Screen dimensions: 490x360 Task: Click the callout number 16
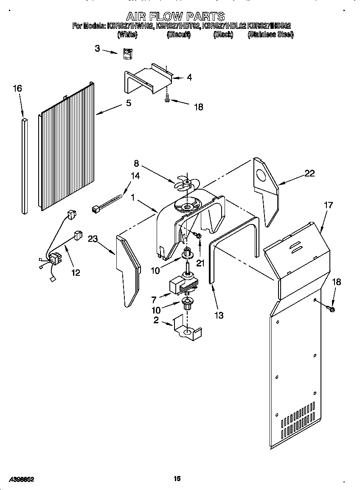click(x=17, y=89)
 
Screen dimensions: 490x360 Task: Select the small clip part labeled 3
click(x=127, y=54)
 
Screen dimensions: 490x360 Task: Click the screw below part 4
click(x=168, y=99)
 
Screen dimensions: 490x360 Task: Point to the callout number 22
click(x=310, y=173)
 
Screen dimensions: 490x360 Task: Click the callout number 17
click(x=328, y=205)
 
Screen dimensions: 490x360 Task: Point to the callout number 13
click(x=219, y=315)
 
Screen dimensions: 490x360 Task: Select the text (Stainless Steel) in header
click(x=270, y=35)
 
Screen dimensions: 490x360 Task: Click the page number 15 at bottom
click(x=177, y=479)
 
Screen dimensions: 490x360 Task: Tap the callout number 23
click(x=93, y=239)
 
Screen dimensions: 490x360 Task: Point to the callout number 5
click(x=129, y=103)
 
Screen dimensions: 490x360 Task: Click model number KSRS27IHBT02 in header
click(x=178, y=26)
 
